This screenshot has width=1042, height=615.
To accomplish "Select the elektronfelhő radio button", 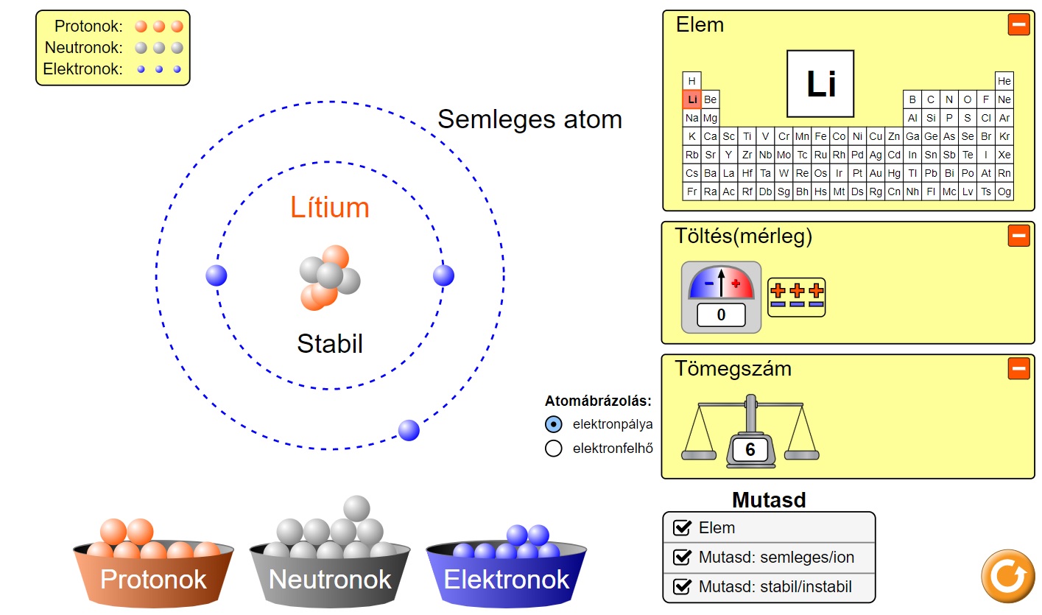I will [x=554, y=448].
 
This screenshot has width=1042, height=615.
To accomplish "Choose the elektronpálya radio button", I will [x=554, y=424].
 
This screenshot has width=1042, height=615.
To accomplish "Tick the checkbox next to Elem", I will [x=683, y=527].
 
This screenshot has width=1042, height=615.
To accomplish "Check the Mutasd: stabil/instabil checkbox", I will [x=683, y=587].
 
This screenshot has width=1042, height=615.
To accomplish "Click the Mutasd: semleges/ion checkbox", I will [x=683, y=557].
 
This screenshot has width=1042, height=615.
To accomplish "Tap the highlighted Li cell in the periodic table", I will [x=691, y=99].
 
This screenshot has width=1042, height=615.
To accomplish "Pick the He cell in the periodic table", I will [x=1004, y=81].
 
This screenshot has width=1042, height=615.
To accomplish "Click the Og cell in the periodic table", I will [x=1004, y=191].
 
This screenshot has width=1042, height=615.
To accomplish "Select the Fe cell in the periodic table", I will [x=820, y=136].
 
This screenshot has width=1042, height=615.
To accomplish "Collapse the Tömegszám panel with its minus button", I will [x=1018, y=368].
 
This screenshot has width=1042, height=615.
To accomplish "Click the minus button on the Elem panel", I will [x=1018, y=24].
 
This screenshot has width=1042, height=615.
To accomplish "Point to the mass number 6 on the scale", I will [x=750, y=449].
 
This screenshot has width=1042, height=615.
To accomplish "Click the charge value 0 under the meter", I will [x=721, y=315].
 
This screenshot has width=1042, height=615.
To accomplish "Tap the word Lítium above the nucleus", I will [x=330, y=208].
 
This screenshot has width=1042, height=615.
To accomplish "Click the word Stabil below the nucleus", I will [x=330, y=344].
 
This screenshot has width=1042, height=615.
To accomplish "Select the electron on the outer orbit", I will [x=409, y=430].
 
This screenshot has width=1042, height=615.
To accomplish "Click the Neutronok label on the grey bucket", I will [x=330, y=580].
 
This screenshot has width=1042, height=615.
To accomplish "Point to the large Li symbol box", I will [x=820, y=84].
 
